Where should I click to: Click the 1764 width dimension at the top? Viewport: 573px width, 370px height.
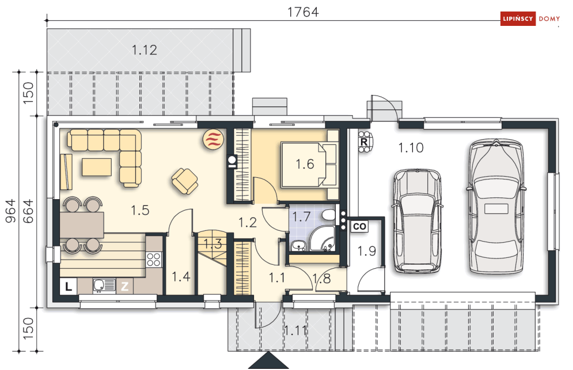303,12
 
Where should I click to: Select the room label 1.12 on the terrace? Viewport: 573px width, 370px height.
145,50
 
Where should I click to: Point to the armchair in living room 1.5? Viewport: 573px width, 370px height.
185,181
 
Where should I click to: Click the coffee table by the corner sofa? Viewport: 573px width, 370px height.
97,167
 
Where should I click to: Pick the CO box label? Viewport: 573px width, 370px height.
359,227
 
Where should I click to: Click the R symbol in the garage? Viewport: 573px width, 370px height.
364,142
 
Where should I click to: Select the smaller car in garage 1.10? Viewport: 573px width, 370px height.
416,220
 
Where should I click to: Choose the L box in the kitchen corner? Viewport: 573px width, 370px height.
69,287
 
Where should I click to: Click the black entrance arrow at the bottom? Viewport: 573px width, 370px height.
268,360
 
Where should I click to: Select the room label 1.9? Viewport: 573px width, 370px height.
366,251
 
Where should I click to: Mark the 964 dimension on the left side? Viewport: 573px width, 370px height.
10,211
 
